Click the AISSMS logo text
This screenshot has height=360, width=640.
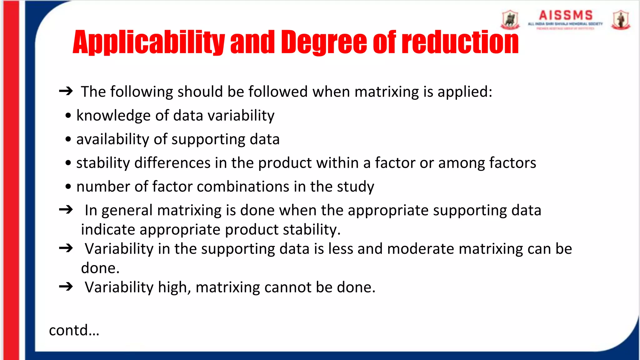(x=566, y=16)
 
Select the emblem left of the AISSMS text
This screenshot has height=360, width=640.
(x=510, y=20)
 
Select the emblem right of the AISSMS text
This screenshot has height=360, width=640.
(x=621, y=20)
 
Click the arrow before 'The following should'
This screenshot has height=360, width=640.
(x=66, y=91)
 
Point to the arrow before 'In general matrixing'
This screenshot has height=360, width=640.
(x=66, y=210)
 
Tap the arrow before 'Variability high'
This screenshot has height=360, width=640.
(x=66, y=287)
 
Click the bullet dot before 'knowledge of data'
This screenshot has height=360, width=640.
(x=68, y=116)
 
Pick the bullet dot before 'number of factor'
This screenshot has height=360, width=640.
(x=68, y=187)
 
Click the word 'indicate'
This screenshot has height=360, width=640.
(x=108, y=230)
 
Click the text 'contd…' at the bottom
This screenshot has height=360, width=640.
(x=74, y=330)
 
